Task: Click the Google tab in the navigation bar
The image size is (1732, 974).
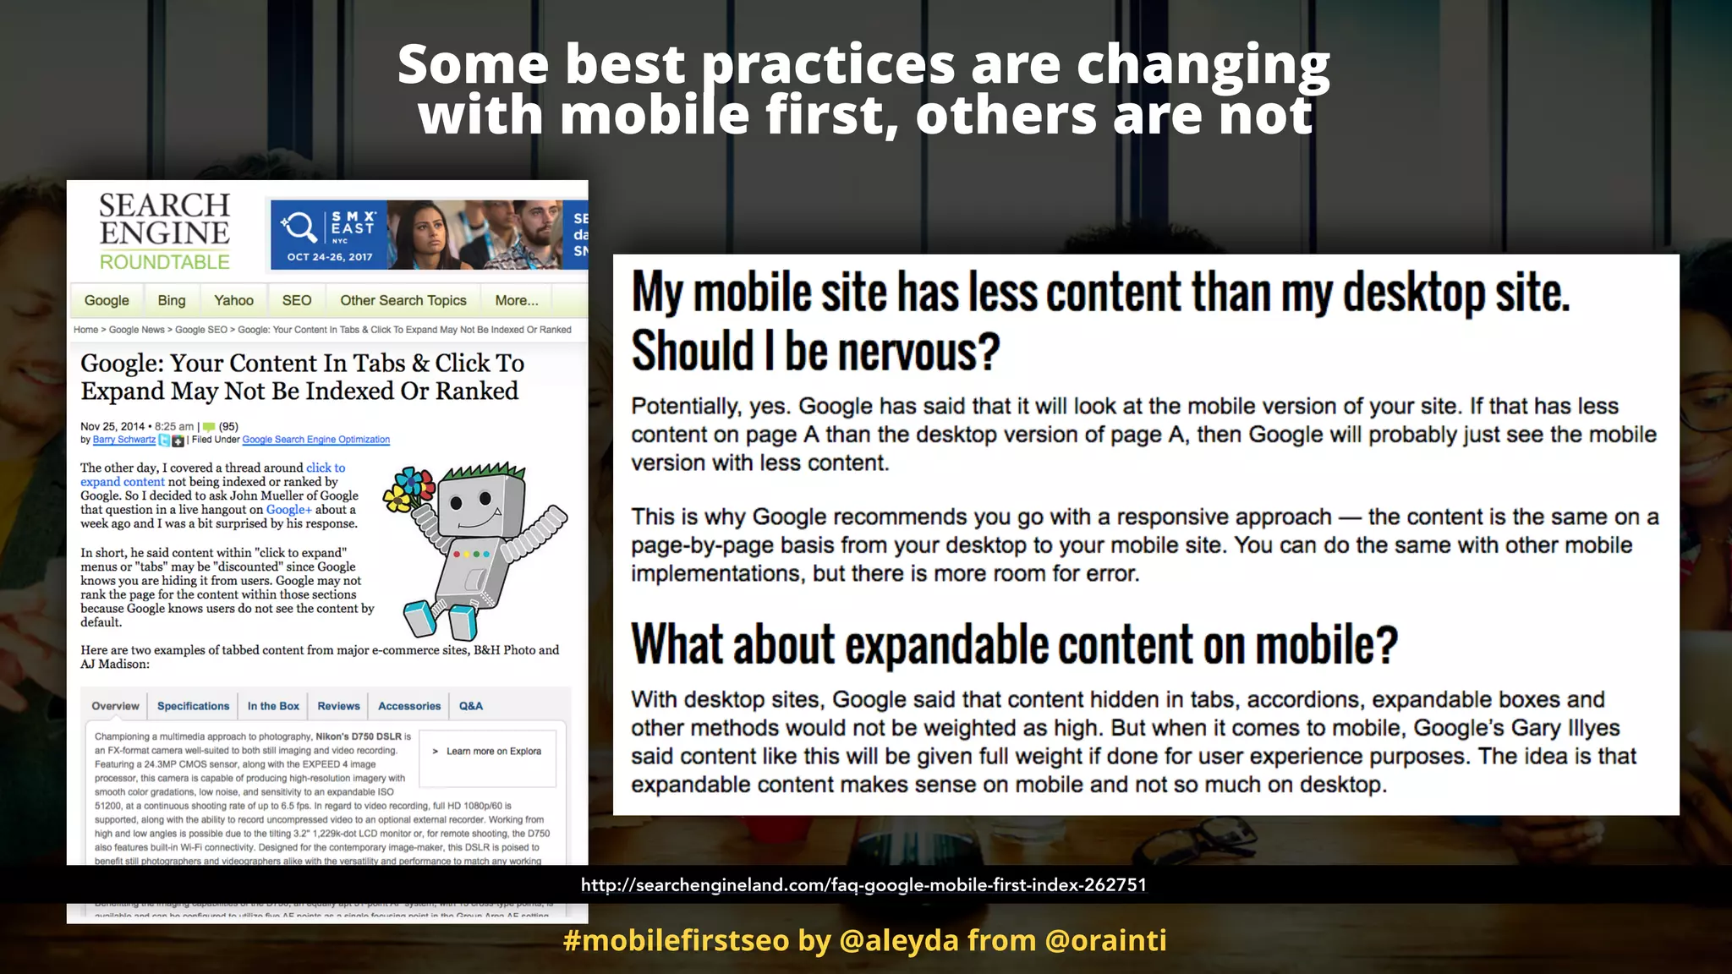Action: pos(107,300)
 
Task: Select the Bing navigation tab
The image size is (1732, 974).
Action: pos(172,300)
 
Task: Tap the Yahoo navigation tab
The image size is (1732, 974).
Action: pos(233,300)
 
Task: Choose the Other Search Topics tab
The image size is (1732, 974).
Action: pos(403,300)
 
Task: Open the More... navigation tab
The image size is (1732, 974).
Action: pos(517,300)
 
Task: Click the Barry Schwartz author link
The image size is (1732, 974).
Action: pos(124,440)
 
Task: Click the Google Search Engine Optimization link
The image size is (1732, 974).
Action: pos(315,440)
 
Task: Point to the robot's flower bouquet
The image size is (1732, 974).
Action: pos(408,490)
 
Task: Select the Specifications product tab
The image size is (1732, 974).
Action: pos(193,706)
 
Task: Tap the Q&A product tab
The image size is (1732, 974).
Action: pos(471,706)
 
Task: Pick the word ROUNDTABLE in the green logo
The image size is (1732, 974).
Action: pos(165,262)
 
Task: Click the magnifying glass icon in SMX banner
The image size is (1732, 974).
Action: pos(299,227)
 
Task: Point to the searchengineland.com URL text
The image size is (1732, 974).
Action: pos(863,885)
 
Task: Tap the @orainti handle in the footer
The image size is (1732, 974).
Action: pos(1106,940)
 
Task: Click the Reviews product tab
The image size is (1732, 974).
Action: pos(338,706)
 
